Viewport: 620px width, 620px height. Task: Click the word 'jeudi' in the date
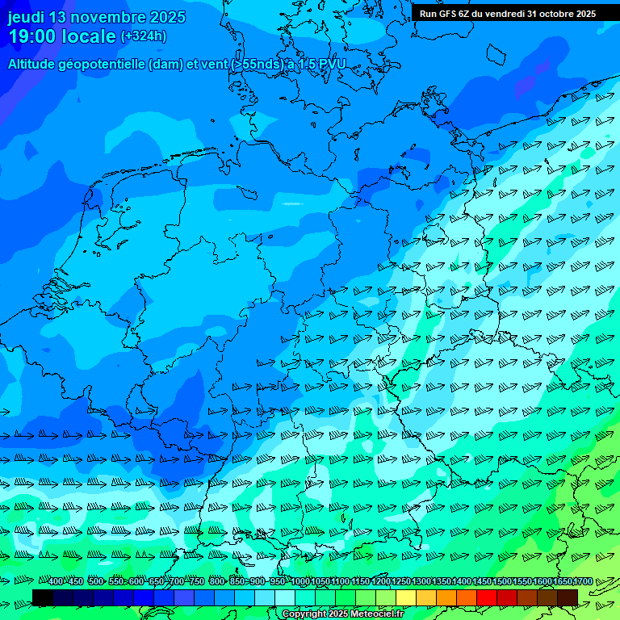[27, 18]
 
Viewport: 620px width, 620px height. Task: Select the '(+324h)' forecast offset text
[144, 36]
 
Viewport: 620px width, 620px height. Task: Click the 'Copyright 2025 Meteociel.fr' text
[342, 614]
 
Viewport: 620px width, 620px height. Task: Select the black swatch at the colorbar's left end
[43, 597]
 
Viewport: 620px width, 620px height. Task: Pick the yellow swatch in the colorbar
[406, 597]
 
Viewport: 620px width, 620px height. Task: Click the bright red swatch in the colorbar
[487, 597]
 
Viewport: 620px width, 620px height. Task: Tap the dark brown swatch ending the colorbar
[568, 597]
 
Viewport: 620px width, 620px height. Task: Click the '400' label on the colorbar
[56, 582]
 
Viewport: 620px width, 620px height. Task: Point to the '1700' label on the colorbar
[583, 582]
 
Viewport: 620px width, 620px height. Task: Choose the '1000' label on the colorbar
[300, 582]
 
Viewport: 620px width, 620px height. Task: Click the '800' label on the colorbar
[217, 582]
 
